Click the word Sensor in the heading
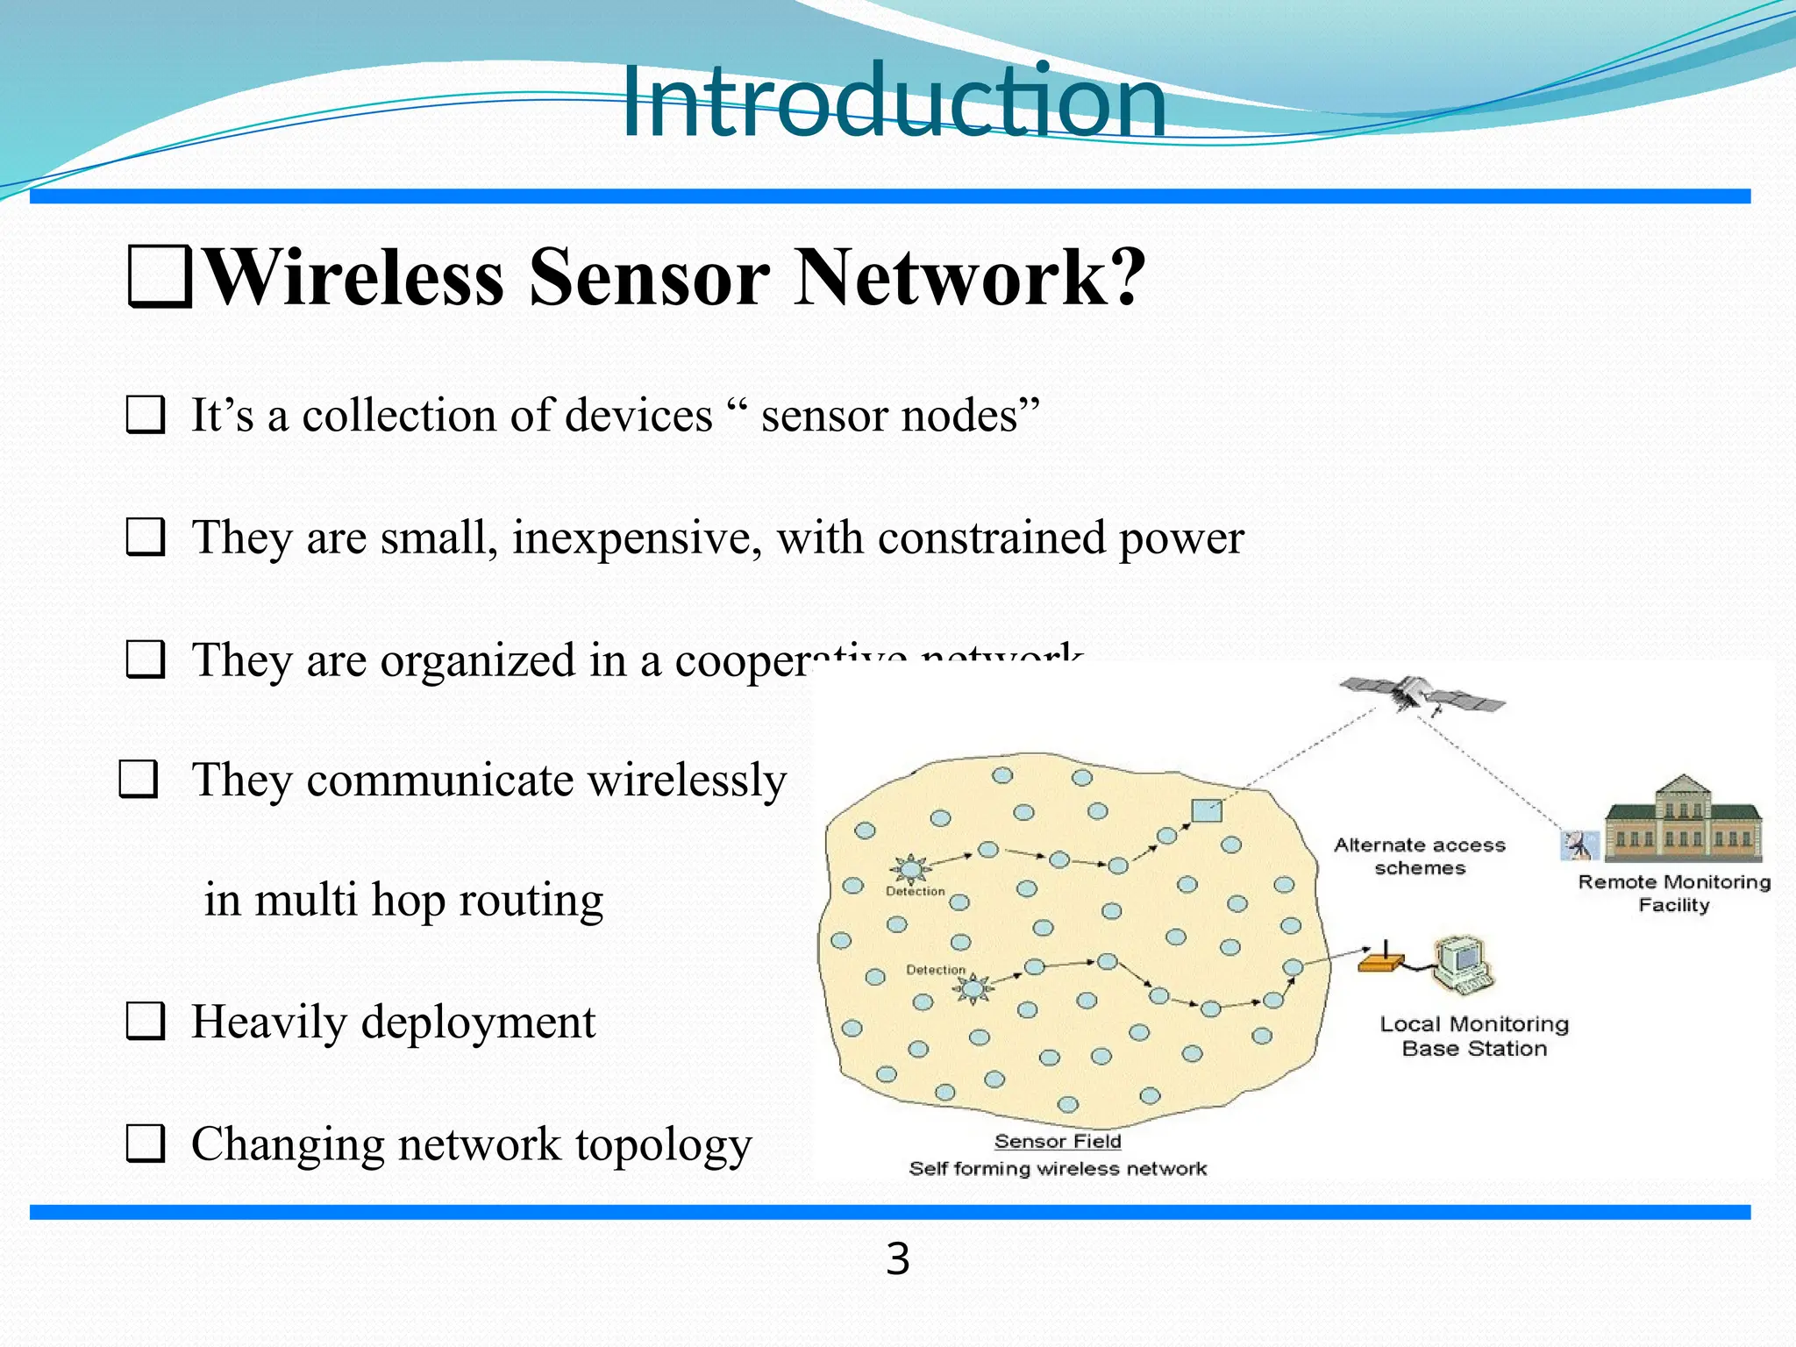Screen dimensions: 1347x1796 coord(649,277)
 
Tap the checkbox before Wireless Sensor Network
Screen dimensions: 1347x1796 coord(160,277)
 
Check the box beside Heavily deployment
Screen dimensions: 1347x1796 coord(146,1022)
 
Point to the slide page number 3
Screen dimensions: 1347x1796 coord(897,1259)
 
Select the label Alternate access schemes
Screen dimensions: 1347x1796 coord(1420,856)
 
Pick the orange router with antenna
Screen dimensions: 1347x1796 coord(1380,962)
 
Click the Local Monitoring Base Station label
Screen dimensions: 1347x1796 coord(1473,1036)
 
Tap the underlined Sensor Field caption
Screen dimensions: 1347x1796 coord(1058,1141)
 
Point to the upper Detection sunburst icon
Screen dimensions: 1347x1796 coord(911,869)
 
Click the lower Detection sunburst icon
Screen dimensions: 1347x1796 coord(972,989)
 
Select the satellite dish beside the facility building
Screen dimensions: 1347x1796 coord(1579,845)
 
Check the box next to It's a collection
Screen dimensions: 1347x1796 coord(146,415)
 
